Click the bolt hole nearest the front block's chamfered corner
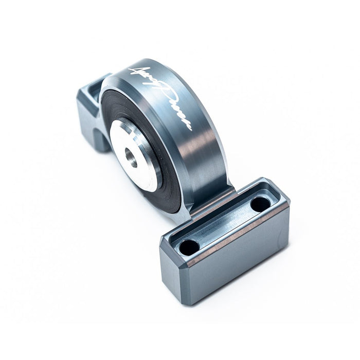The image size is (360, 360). [189, 246]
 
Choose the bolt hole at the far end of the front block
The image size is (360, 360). [260, 204]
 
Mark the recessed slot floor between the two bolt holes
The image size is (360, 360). [225, 225]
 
